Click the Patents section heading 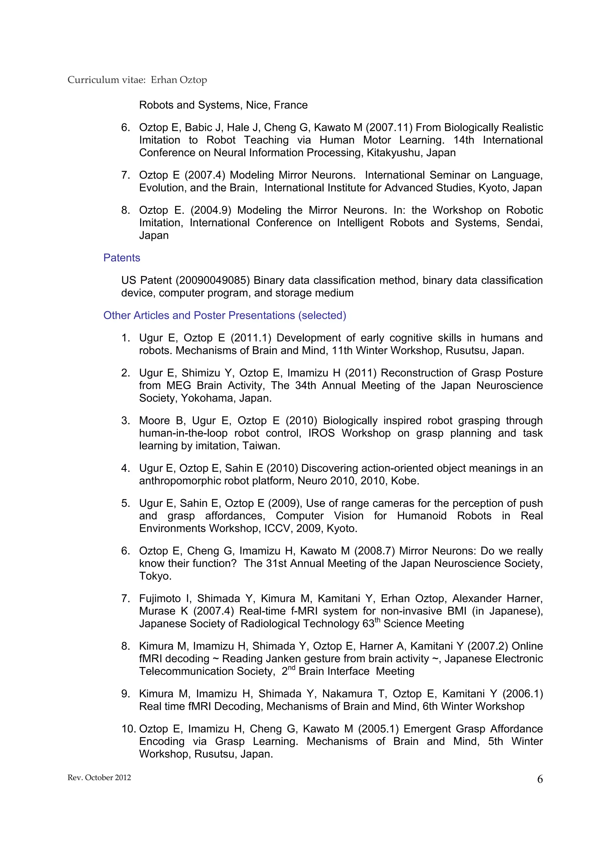121,258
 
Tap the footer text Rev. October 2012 99,777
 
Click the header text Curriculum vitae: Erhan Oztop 137,80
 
